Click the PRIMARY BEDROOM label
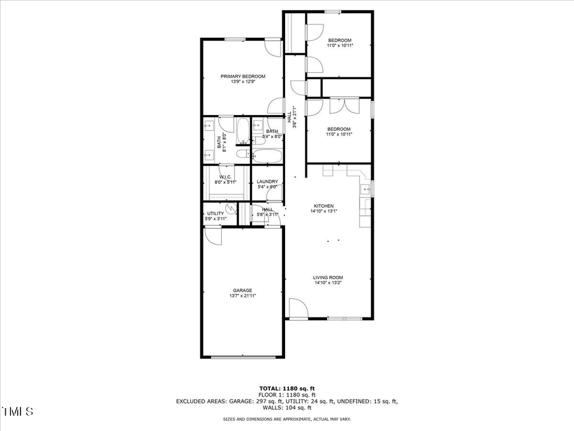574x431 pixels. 243,77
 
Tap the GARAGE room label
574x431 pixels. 242,291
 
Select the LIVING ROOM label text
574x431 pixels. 328,278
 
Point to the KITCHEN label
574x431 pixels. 323,206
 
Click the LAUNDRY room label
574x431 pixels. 267,181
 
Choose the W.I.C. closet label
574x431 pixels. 225,177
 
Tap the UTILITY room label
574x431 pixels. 216,213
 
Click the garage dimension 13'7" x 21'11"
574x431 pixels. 242,296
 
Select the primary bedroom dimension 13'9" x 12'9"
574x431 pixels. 243,82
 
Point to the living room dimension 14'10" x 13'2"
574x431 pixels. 328,283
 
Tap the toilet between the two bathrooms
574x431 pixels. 243,153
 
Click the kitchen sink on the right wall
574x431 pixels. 366,189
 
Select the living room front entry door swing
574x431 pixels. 297,308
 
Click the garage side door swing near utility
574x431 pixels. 213,236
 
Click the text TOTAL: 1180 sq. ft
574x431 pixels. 286,388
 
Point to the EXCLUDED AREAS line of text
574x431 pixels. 286,401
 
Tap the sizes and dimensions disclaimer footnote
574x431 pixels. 286,420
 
